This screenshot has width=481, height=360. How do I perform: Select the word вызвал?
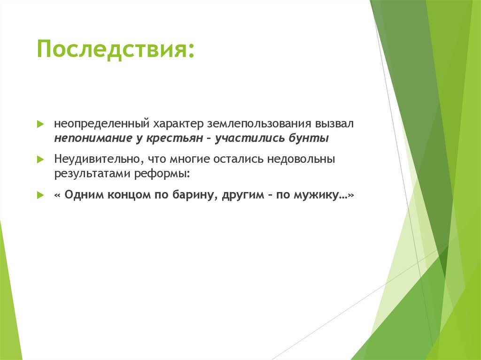point(336,125)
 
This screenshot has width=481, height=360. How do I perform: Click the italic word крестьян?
point(174,138)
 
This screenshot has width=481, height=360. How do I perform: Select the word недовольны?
point(301,160)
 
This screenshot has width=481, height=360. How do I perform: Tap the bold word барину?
point(195,195)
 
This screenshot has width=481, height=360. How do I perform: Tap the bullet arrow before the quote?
point(40,195)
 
